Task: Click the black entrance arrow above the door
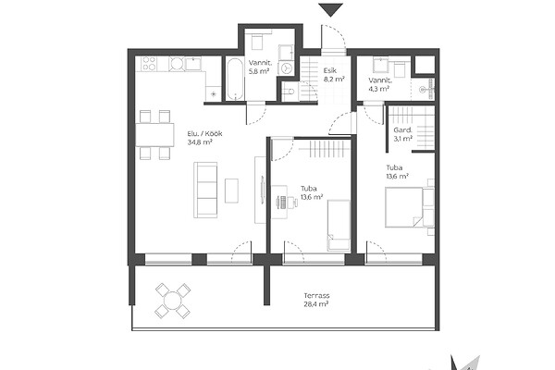(x=330, y=9)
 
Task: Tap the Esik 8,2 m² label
(x=334, y=75)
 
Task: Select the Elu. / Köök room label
(x=205, y=134)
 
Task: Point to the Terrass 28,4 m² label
(x=316, y=300)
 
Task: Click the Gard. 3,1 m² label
(x=402, y=134)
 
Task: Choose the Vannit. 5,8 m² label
(x=260, y=68)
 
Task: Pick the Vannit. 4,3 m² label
(x=380, y=84)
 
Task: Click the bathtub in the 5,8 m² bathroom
(x=234, y=79)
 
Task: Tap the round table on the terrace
(x=173, y=301)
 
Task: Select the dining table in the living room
(x=154, y=134)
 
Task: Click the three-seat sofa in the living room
(x=205, y=190)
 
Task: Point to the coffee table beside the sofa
(x=231, y=191)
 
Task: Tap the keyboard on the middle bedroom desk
(x=283, y=203)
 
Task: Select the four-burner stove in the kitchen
(x=149, y=64)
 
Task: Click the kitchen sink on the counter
(x=193, y=64)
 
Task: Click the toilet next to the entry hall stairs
(x=289, y=92)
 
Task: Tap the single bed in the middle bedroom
(x=339, y=225)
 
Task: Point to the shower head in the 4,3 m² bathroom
(x=424, y=90)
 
